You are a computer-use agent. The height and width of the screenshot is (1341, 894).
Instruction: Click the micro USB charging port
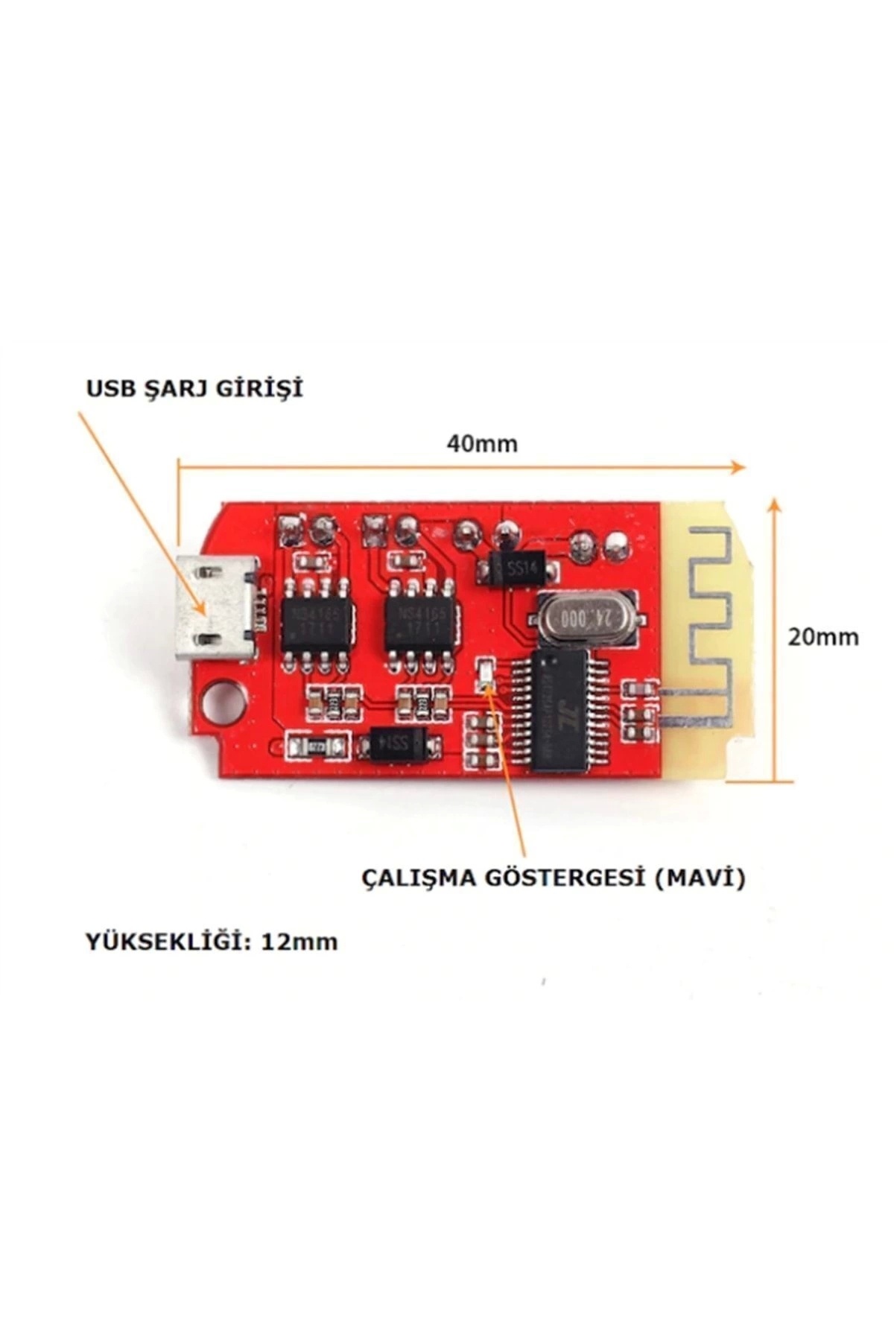point(216,607)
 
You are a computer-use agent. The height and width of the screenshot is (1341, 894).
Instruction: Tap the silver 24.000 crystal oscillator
point(583,617)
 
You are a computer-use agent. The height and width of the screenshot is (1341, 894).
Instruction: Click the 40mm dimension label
point(481,443)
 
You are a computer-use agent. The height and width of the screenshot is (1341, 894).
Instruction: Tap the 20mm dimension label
point(823,637)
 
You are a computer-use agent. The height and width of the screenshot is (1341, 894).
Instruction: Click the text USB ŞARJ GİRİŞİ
point(194,389)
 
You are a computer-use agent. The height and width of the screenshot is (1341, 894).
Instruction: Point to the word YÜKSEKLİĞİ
point(166,942)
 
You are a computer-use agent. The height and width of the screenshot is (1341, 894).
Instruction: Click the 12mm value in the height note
point(299,942)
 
